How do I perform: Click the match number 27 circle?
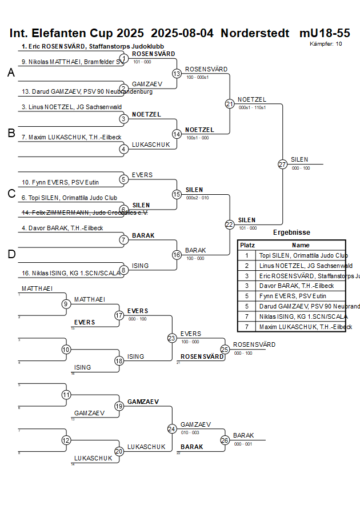[282, 165]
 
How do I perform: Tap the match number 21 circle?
[230, 104]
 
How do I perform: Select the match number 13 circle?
[177, 74]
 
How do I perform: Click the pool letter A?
[11, 73]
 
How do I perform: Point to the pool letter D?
[11, 254]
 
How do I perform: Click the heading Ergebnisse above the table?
[291, 233]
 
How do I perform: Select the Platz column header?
[247, 245]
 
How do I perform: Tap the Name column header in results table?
[301, 245]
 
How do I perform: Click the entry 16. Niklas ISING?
[71, 273]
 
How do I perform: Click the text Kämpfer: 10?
[326, 43]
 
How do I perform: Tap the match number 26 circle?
[225, 440]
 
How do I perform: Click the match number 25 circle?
[225, 349]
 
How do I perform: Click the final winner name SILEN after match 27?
[299, 159]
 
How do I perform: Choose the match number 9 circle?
[66, 304]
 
